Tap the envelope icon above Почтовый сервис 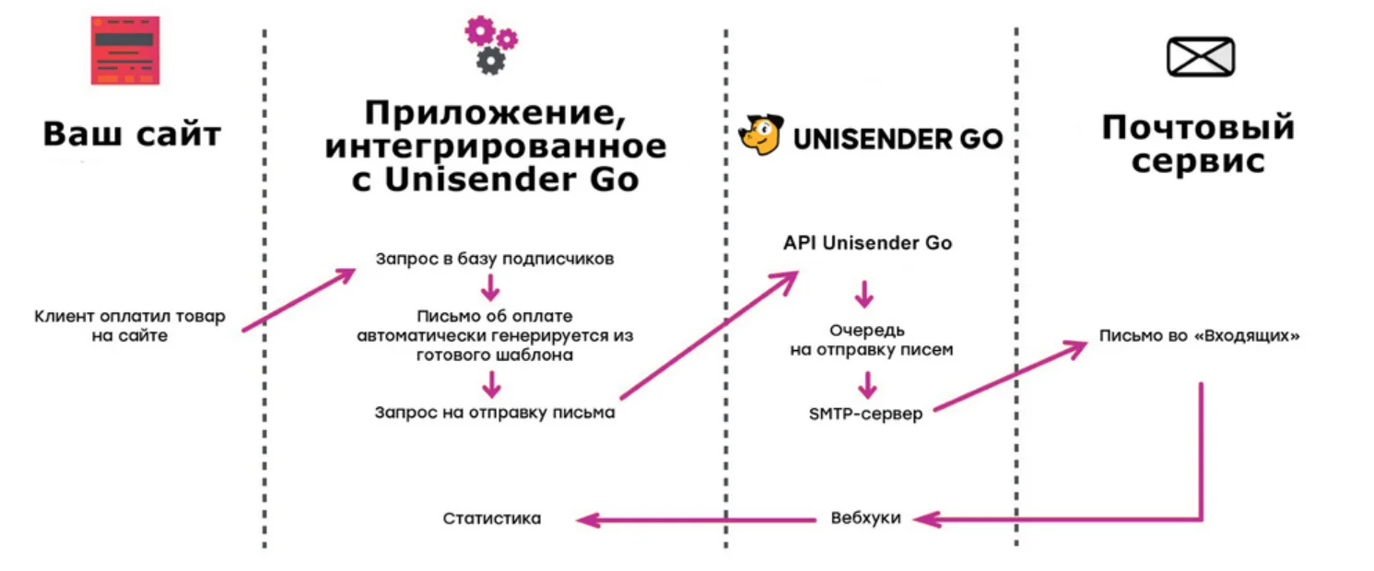pyautogui.click(x=1200, y=56)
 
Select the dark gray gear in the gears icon pyautogui.click(x=490, y=61)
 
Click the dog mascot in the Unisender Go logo pyautogui.click(x=761, y=137)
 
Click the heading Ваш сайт pyautogui.click(x=132, y=134)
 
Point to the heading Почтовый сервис pyautogui.click(x=1198, y=144)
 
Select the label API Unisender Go pyautogui.click(x=867, y=244)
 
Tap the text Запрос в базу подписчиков pyautogui.click(x=494, y=259)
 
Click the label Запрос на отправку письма pyautogui.click(x=494, y=413)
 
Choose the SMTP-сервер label pyautogui.click(x=864, y=414)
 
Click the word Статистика pyautogui.click(x=491, y=519)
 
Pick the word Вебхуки pyautogui.click(x=864, y=519)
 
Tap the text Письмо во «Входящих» pyautogui.click(x=1199, y=336)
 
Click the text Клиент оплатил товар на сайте pyautogui.click(x=129, y=326)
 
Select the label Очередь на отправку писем pyautogui.click(x=866, y=340)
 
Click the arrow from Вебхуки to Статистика pyautogui.click(x=696, y=520)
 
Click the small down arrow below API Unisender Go pyautogui.click(x=864, y=295)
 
